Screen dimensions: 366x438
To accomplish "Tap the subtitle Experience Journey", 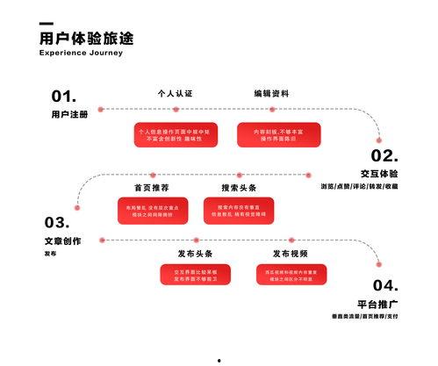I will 81,53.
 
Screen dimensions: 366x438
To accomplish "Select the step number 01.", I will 64,97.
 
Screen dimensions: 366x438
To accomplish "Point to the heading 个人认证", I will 174,93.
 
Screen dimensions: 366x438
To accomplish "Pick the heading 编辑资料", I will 271,93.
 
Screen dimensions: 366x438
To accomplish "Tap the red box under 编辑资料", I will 275,134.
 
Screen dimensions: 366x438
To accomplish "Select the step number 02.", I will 384,156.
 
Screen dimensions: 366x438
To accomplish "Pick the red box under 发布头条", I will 195,275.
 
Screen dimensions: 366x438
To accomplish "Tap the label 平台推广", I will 383,304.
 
